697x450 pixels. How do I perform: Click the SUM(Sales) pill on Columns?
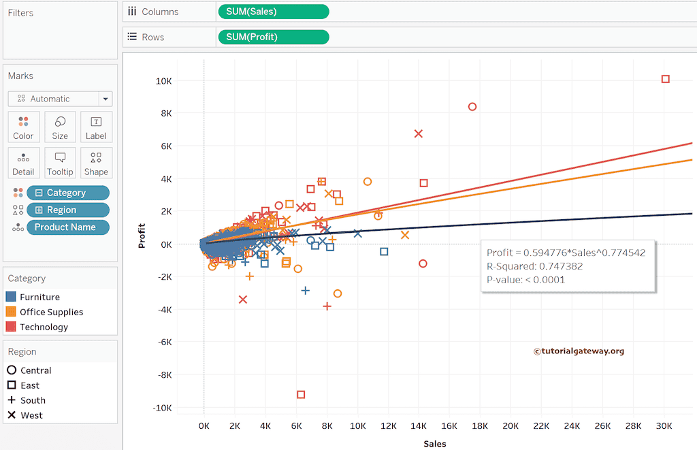tap(273, 12)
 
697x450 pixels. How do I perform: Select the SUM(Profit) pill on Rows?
tap(273, 37)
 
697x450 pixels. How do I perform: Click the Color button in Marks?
tap(23, 127)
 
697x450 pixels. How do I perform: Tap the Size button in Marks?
tap(60, 127)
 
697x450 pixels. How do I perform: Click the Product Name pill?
tap(67, 227)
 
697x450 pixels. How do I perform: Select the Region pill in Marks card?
tap(67, 210)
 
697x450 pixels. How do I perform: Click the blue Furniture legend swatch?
tap(11, 298)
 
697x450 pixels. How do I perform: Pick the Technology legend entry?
tap(44, 327)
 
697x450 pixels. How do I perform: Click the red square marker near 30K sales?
tap(666, 79)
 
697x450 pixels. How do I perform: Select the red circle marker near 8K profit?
tap(472, 107)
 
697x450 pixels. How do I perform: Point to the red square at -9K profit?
tap(301, 395)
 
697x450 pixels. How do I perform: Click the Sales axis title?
tap(434, 443)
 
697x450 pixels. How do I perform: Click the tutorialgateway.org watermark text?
tap(579, 351)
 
